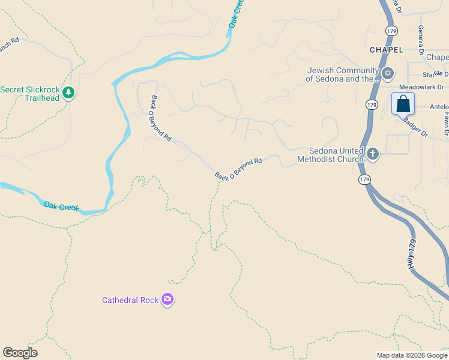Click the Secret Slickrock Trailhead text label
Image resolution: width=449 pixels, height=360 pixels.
tap(30, 94)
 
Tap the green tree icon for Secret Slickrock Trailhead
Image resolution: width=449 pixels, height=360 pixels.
tap(69, 92)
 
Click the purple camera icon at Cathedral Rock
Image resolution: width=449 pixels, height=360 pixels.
tap(167, 299)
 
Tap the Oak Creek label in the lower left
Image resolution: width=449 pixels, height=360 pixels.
tap(61, 206)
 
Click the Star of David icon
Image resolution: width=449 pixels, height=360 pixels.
tap(388, 74)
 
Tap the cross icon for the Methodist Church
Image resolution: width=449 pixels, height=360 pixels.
tap(372, 154)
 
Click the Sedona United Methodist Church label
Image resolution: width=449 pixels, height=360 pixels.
tap(331, 155)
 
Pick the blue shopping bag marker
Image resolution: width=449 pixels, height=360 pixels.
tap(403, 104)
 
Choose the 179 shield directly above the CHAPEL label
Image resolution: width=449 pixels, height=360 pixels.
tap(391, 30)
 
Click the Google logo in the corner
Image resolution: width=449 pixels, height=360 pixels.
tap(20, 353)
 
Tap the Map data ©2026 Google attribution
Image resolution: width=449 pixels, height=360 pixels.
tap(412, 355)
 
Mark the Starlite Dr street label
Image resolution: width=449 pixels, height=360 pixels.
tap(436, 74)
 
